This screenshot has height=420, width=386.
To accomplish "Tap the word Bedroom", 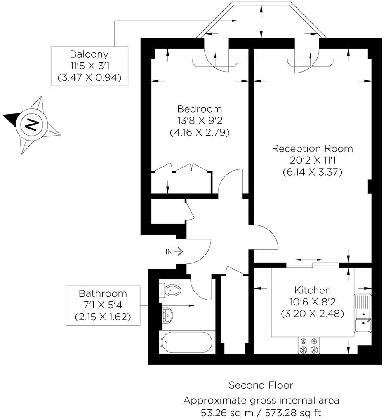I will [199, 109].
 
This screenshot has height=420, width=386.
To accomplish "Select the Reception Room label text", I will [312, 148].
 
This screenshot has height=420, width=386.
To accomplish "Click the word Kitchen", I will [312, 290].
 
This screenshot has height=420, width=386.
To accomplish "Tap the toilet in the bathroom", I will [171, 290].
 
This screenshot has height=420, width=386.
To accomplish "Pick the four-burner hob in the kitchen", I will [309, 345].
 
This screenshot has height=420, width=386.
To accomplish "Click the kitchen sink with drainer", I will [363, 314].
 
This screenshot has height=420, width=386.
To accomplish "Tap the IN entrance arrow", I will [174, 251].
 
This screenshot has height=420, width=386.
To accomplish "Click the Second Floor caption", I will [261, 385].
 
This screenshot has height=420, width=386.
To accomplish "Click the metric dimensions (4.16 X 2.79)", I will [199, 133].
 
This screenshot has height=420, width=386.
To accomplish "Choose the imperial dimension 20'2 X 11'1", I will [312, 161].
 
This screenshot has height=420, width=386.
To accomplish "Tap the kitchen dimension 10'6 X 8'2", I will [312, 302].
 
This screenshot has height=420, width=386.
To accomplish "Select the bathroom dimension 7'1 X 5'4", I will [103, 305].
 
